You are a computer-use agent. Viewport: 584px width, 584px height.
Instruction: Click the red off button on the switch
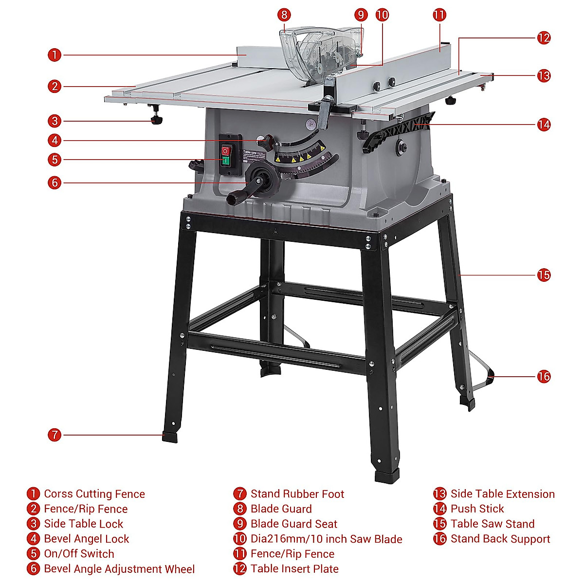[x=225, y=151]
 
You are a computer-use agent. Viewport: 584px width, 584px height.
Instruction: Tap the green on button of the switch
[x=225, y=160]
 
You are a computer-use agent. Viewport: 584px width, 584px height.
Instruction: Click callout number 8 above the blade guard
[x=284, y=15]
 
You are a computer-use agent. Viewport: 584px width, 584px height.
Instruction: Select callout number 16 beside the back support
[x=544, y=376]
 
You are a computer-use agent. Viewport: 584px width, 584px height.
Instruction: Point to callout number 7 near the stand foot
[x=55, y=435]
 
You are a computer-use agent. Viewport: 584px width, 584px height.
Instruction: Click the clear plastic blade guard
[x=321, y=49]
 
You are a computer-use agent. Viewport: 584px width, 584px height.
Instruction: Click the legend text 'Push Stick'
[x=477, y=509]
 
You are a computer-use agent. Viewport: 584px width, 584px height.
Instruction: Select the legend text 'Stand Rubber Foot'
[x=297, y=494]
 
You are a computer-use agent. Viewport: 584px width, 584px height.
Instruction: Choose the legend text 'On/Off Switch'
[x=79, y=554]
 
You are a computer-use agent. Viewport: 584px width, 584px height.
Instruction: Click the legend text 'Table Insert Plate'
[x=294, y=568]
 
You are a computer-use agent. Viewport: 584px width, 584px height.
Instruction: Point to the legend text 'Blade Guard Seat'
[x=293, y=524]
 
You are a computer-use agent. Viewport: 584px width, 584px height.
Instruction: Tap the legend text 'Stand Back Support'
[x=500, y=539]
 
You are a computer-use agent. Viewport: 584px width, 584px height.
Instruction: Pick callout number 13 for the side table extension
[x=544, y=75]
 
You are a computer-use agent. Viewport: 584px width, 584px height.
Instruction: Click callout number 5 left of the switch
[x=55, y=159]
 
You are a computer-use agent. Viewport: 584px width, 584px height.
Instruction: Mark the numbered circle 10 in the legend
[x=240, y=539]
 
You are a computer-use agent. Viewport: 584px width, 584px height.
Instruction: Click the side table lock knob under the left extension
[x=156, y=120]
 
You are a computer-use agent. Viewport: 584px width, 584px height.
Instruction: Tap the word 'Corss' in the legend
[x=58, y=494]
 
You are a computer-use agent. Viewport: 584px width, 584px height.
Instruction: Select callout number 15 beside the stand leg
[x=544, y=275]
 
